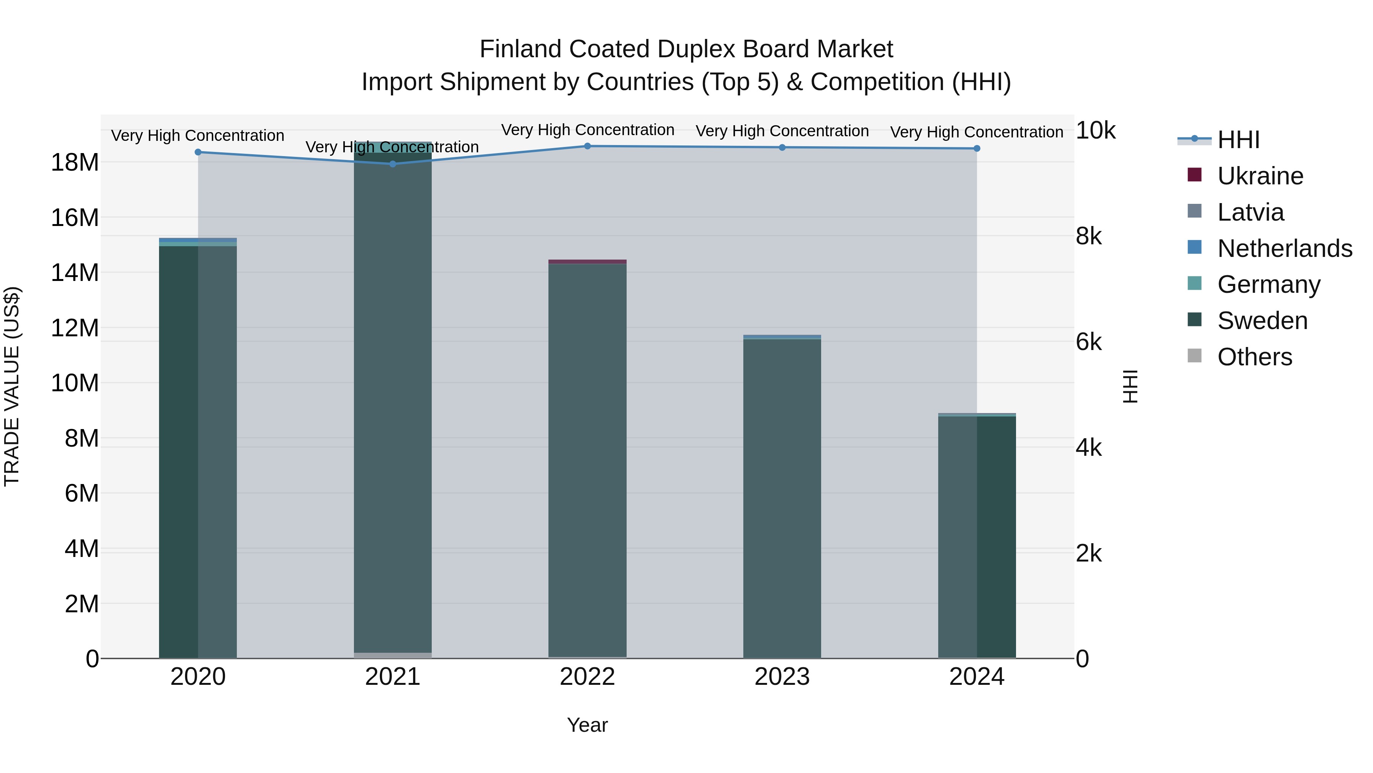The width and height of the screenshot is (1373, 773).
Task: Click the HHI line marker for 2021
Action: pyautogui.click(x=393, y=164)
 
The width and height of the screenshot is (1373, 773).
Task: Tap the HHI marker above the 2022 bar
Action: pyautogui.click(x=587, y=146)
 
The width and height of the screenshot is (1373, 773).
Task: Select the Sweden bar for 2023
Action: pyautogui.click(x=782, y=496)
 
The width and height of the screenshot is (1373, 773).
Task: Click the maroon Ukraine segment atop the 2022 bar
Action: pyautogui.click(x=587, y=261)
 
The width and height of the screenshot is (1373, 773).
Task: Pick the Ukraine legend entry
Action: pyautogui.click(x=1260, y=176)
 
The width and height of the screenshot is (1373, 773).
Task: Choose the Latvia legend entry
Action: pyautogui.click(x=1251, y=212)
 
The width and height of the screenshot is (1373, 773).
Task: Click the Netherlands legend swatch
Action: pyautogui.click(x=1195, y=247)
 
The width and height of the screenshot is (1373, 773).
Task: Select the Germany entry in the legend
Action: pyautogui.click(x=1268, y=284)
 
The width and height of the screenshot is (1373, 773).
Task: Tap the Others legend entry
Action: pyautogui.click(x=1255, y=357)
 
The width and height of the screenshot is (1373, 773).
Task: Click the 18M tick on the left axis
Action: pyautogui.click(x=75, y=162)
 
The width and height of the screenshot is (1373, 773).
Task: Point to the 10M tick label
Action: pyautogui.click(x=75, y=383)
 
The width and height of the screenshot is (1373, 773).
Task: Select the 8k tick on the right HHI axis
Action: pyautogui.click(x=1088, y=236)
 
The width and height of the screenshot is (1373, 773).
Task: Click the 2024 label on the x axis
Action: pyautogui.click(x=976, y=677)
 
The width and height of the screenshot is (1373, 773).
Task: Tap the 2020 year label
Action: pyautogui.click(x=198, y=677)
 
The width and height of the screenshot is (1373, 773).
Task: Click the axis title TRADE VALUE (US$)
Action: pyautogui.click(x=12, y=386)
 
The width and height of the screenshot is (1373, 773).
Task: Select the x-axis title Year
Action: pyautogui.click(x=587, y=725)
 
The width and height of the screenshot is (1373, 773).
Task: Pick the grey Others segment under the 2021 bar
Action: pyautogui.click(x=393, y=655)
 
